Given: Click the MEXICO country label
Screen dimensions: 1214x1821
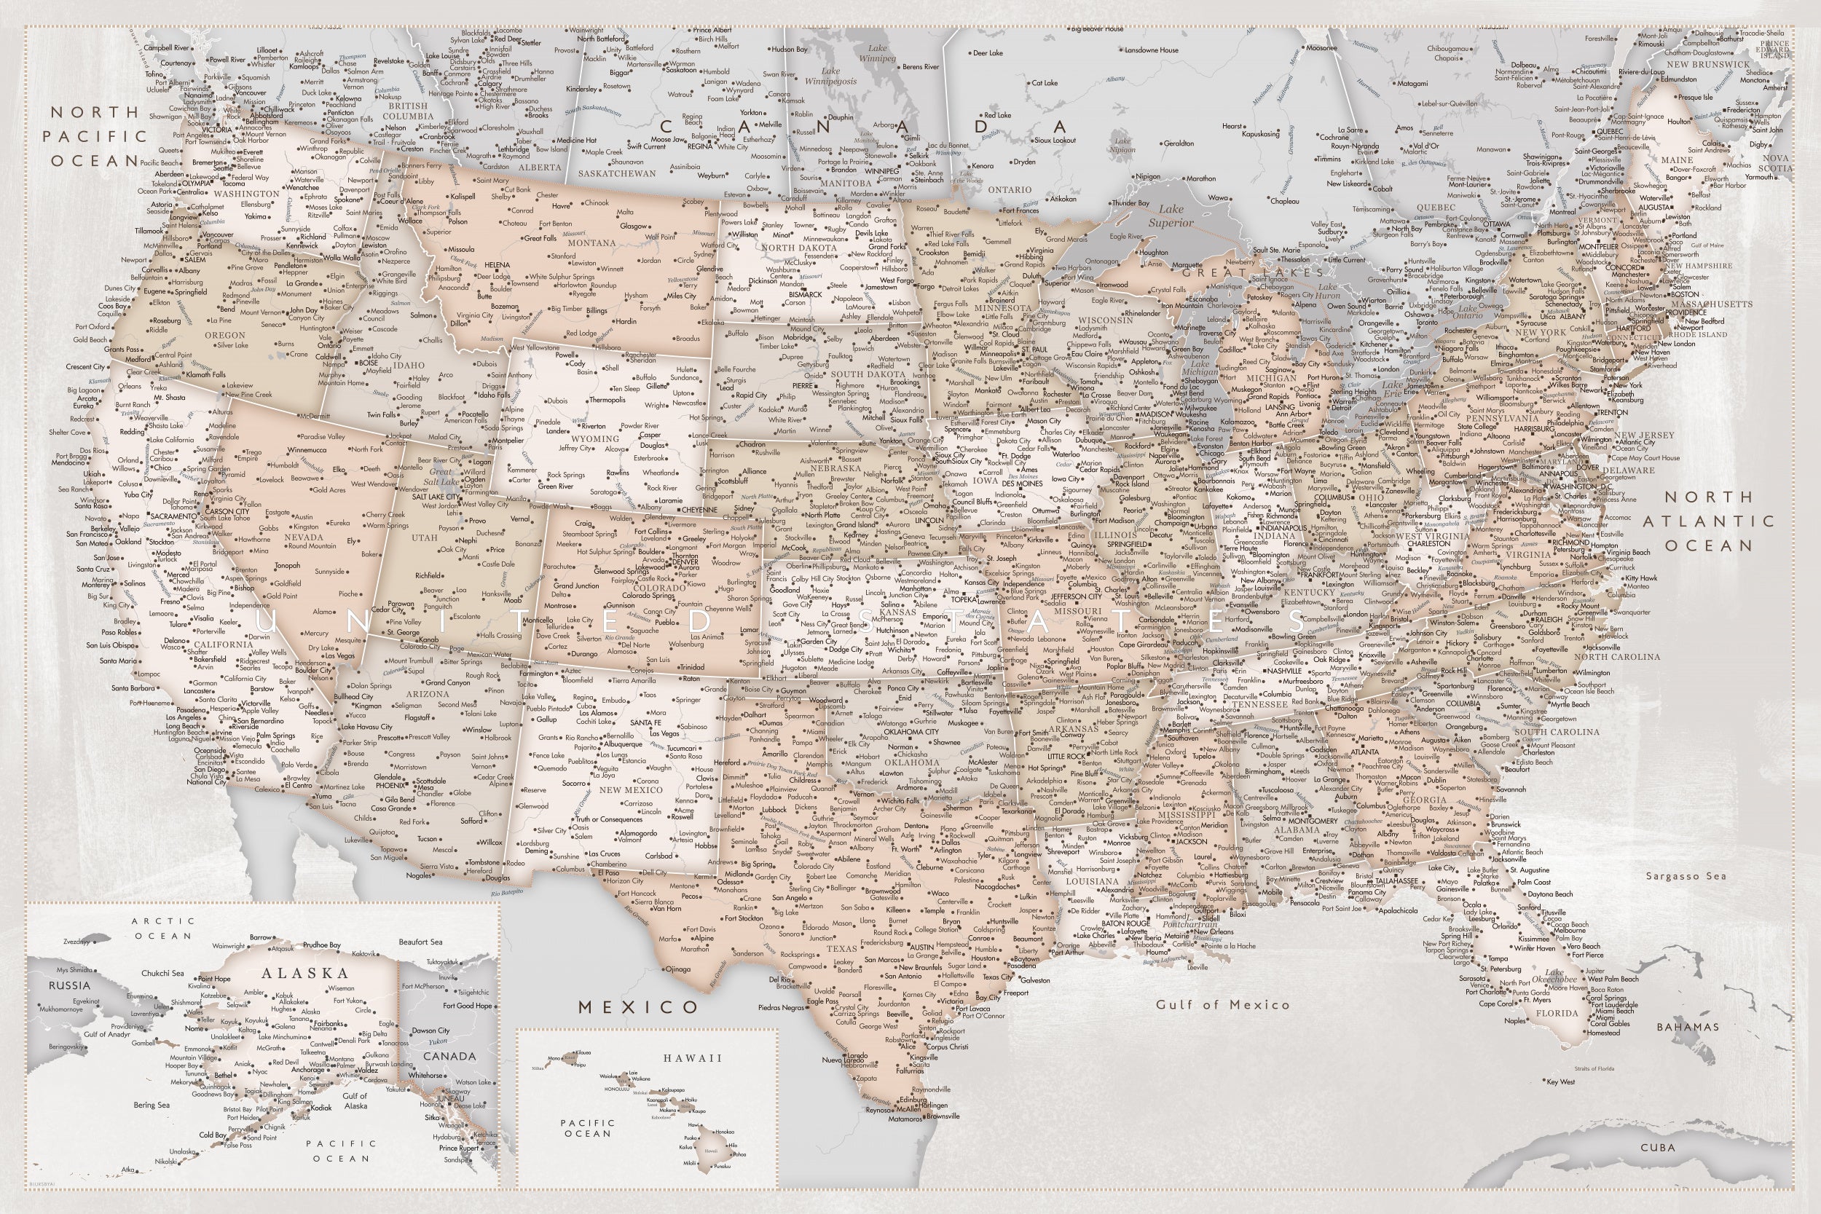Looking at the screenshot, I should pos(639,1007).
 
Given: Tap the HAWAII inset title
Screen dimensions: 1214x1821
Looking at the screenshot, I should pos(692,1057).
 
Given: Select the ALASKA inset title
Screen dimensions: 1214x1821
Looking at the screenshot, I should pos(305,973).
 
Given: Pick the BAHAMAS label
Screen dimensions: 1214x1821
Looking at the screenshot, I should pos(1688,1027).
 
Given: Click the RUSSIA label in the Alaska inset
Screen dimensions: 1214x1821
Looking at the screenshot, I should pos(70,985).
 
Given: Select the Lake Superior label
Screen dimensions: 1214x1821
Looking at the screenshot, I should pos(1171,216).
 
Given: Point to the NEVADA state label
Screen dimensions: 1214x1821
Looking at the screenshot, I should pos(304,537).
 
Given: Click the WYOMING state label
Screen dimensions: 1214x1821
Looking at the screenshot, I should pos(594,438).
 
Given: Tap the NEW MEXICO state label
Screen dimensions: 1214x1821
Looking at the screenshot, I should pos(631,789).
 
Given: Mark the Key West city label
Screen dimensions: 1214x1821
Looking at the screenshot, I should pos(1561,1081).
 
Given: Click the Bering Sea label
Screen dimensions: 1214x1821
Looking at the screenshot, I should pos(151,1105).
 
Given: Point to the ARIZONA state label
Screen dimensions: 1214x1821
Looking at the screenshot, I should pos(428,694).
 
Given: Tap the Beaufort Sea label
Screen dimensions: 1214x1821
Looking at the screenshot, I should pos(420,942).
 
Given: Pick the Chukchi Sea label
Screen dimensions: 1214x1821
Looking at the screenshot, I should pos(162,973).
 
